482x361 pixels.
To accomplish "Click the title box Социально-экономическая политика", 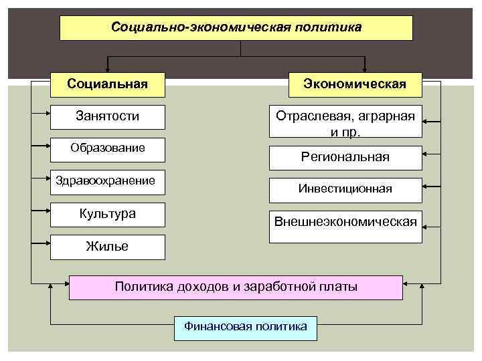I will [x=236, y=28].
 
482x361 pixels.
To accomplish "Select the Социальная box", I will [x=108, y=84].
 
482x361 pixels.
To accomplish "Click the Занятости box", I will [x=108, y=116].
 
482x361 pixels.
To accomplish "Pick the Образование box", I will [x=108, y=148].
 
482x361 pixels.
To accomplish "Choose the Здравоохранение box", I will [x=108, y=180].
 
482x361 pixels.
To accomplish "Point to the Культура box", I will [x=108, y=214].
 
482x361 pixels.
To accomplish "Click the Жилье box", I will [x=108, y=247].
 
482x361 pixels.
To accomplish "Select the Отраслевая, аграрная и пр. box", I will [x=345, y=122].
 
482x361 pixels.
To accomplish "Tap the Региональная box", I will [x=345, y=158].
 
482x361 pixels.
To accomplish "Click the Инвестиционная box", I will [x=345, y=189].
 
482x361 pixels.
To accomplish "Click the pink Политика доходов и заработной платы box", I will [x=236, y=287].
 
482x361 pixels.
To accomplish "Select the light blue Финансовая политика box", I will [x=246, y=327].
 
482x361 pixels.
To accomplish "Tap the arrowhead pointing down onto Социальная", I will [x=108, y=68].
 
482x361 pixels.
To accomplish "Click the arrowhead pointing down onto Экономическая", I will [x=365, y=68].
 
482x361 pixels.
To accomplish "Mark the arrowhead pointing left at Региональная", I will [x=428, y=154].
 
